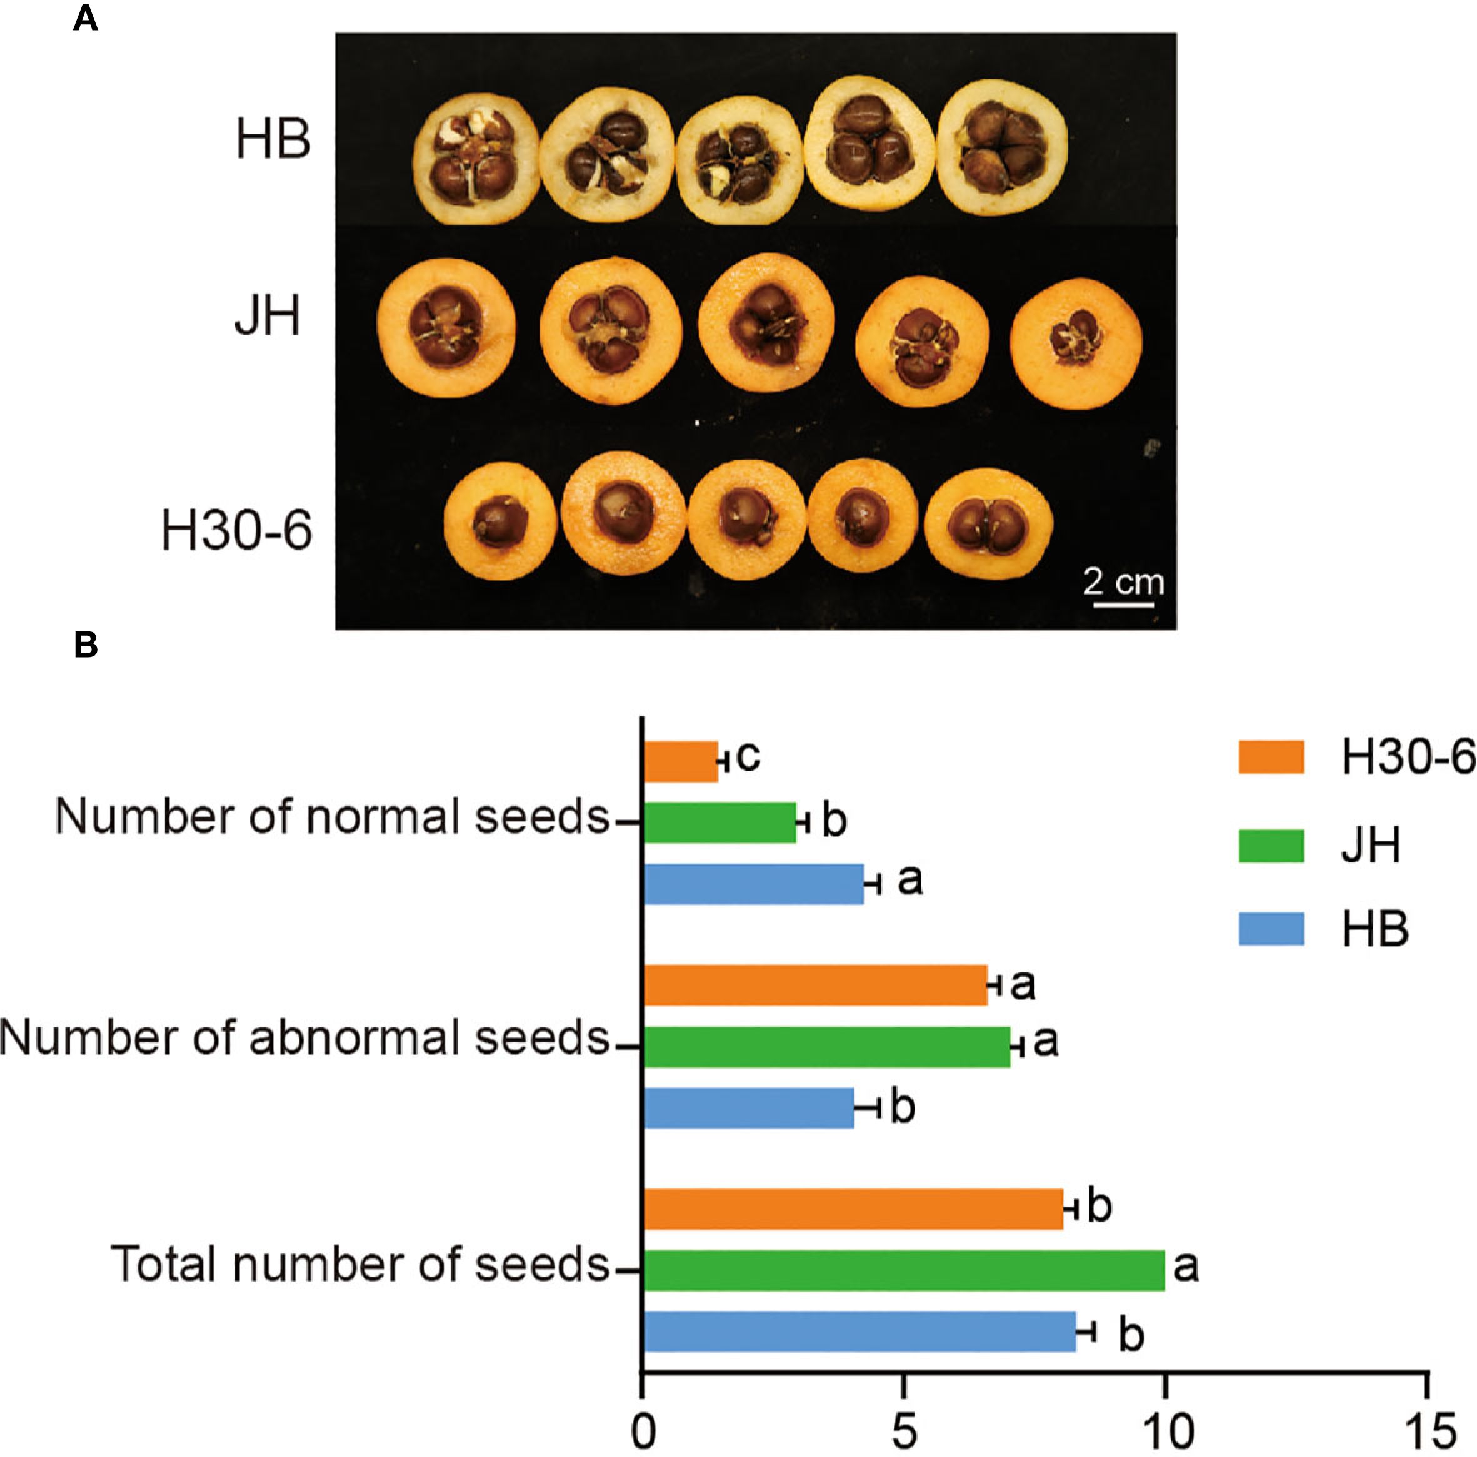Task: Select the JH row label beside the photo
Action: pos(267,315)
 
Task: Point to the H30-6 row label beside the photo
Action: pos(236,531)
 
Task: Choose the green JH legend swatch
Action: pos(1271,846)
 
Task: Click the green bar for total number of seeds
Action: pos(904,1270)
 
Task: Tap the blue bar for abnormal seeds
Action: pos(748,1108)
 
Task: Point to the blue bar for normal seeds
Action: pos(753,884)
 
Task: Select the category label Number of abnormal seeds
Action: pos(304,1039)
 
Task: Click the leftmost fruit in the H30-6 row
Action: pos(500,521)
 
